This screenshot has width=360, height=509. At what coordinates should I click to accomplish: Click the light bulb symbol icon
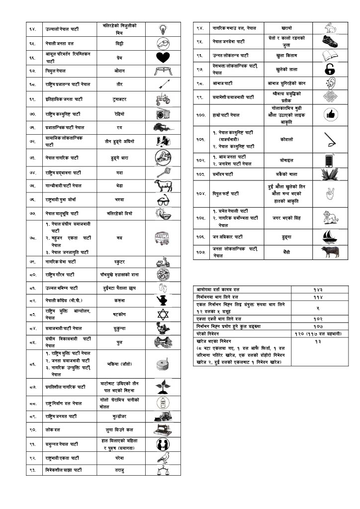click(163, 28)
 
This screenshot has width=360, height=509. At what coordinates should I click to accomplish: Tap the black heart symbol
click(163, 57)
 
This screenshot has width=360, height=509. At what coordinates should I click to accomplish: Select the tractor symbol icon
click(163, 99)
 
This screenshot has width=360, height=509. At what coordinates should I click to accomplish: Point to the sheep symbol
click(163, 185)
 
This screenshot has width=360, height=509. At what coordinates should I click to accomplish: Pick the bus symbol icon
click(163, 238)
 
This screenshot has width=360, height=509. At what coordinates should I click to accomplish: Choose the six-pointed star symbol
click(163, 314)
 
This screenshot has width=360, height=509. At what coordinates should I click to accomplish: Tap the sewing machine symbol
click(163, 429)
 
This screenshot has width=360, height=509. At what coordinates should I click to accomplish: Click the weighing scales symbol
click(163, 470)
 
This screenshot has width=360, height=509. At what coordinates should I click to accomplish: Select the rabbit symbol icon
click(330, 28)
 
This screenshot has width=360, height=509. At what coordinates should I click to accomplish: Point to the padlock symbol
click(330, 69)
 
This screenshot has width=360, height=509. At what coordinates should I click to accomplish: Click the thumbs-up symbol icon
click(330, 115)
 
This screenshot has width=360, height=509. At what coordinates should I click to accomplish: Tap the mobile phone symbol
click(330, 161)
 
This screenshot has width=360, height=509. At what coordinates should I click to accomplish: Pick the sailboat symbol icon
click(330, 237)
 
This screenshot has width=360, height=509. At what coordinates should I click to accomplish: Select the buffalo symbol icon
click(330, 253)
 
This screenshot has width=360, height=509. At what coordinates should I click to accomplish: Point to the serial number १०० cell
click(200, 115)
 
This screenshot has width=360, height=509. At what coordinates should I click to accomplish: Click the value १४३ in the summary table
click(317, 289)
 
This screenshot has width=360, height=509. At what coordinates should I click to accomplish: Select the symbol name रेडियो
click(119, 114)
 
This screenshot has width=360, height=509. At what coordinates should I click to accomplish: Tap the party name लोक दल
click(52, 429)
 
